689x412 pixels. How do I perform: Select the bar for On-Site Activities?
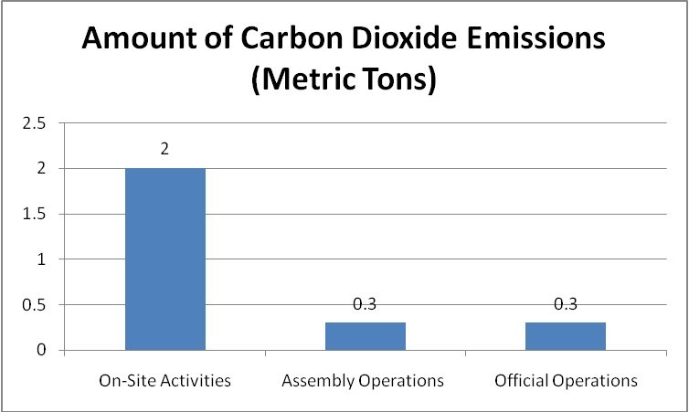click(165, 259)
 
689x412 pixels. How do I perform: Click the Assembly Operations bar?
click(366, 336)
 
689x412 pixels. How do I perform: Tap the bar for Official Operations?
click(566, 336)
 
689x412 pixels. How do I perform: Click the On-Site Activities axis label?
click(165, 379)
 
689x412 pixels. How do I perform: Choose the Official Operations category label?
click(566, 379)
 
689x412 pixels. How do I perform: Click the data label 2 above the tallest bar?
click(165, 149)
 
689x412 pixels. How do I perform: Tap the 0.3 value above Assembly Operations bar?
click(366, 304)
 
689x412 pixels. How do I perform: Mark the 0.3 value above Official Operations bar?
click(566, 304)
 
